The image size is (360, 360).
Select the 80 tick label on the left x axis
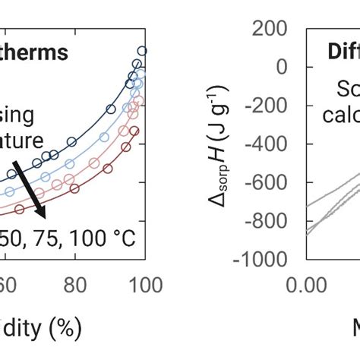74,285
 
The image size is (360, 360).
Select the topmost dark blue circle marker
142,51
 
